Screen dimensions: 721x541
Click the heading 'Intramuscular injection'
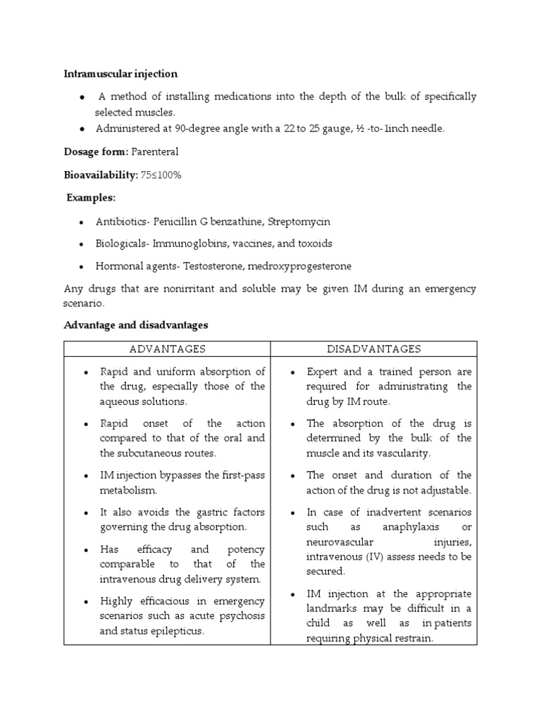120,74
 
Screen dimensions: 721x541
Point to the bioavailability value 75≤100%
161,175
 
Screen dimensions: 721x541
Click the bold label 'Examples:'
92,197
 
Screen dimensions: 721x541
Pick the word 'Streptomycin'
297,221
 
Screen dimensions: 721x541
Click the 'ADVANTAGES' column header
167,349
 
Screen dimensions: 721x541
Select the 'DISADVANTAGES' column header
373,349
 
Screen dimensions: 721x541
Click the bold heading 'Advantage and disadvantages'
136,325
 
